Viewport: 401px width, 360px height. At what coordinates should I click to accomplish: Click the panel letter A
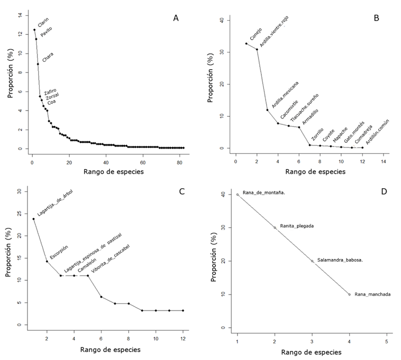coord(176,18)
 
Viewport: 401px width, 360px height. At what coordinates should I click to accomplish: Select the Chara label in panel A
coord(48,58)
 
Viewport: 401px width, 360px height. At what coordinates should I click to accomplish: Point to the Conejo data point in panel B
coord(246,44)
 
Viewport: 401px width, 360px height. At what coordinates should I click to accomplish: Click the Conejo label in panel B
coord(256,35)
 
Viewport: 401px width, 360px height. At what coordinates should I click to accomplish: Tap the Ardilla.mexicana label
coord(285,95)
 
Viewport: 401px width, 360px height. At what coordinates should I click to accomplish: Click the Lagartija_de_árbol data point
coord(33,219)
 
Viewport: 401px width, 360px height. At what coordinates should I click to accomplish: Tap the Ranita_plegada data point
coord(275,228)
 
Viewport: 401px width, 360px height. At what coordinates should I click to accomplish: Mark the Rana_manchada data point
coord(349,294)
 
